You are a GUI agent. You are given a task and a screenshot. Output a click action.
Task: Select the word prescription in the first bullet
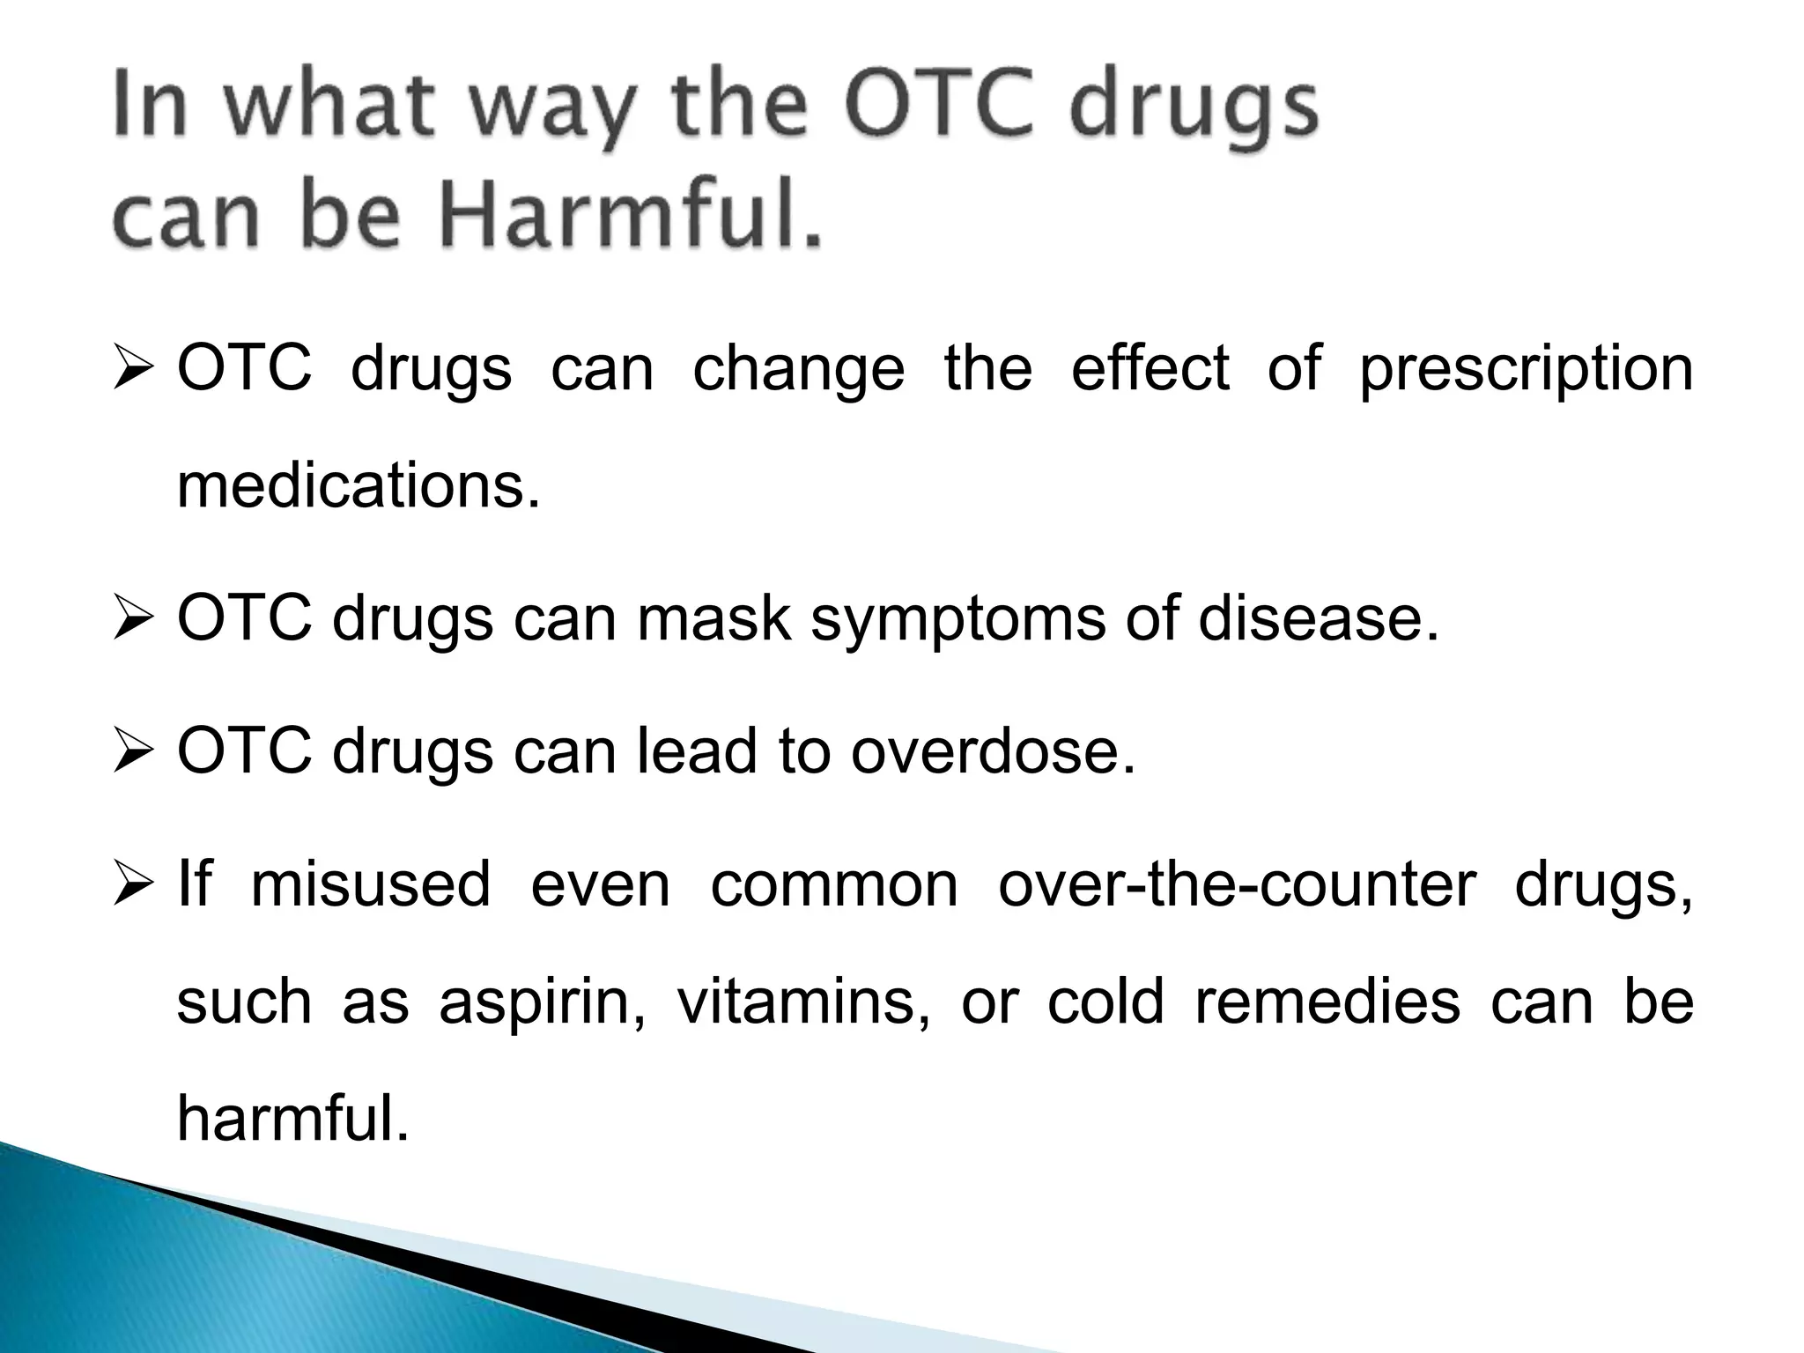[x=1526, y=370]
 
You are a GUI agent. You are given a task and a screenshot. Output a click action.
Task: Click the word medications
[x=358, y=486]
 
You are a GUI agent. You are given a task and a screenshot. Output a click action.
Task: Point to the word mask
[x=713, y=618]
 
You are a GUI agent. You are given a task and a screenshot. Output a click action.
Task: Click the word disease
[x=1318, y=618]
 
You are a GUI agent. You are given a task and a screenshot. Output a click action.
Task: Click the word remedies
[x=1327, y=1002]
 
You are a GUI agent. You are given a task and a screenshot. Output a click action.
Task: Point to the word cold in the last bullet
[x=1105, y=1002]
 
